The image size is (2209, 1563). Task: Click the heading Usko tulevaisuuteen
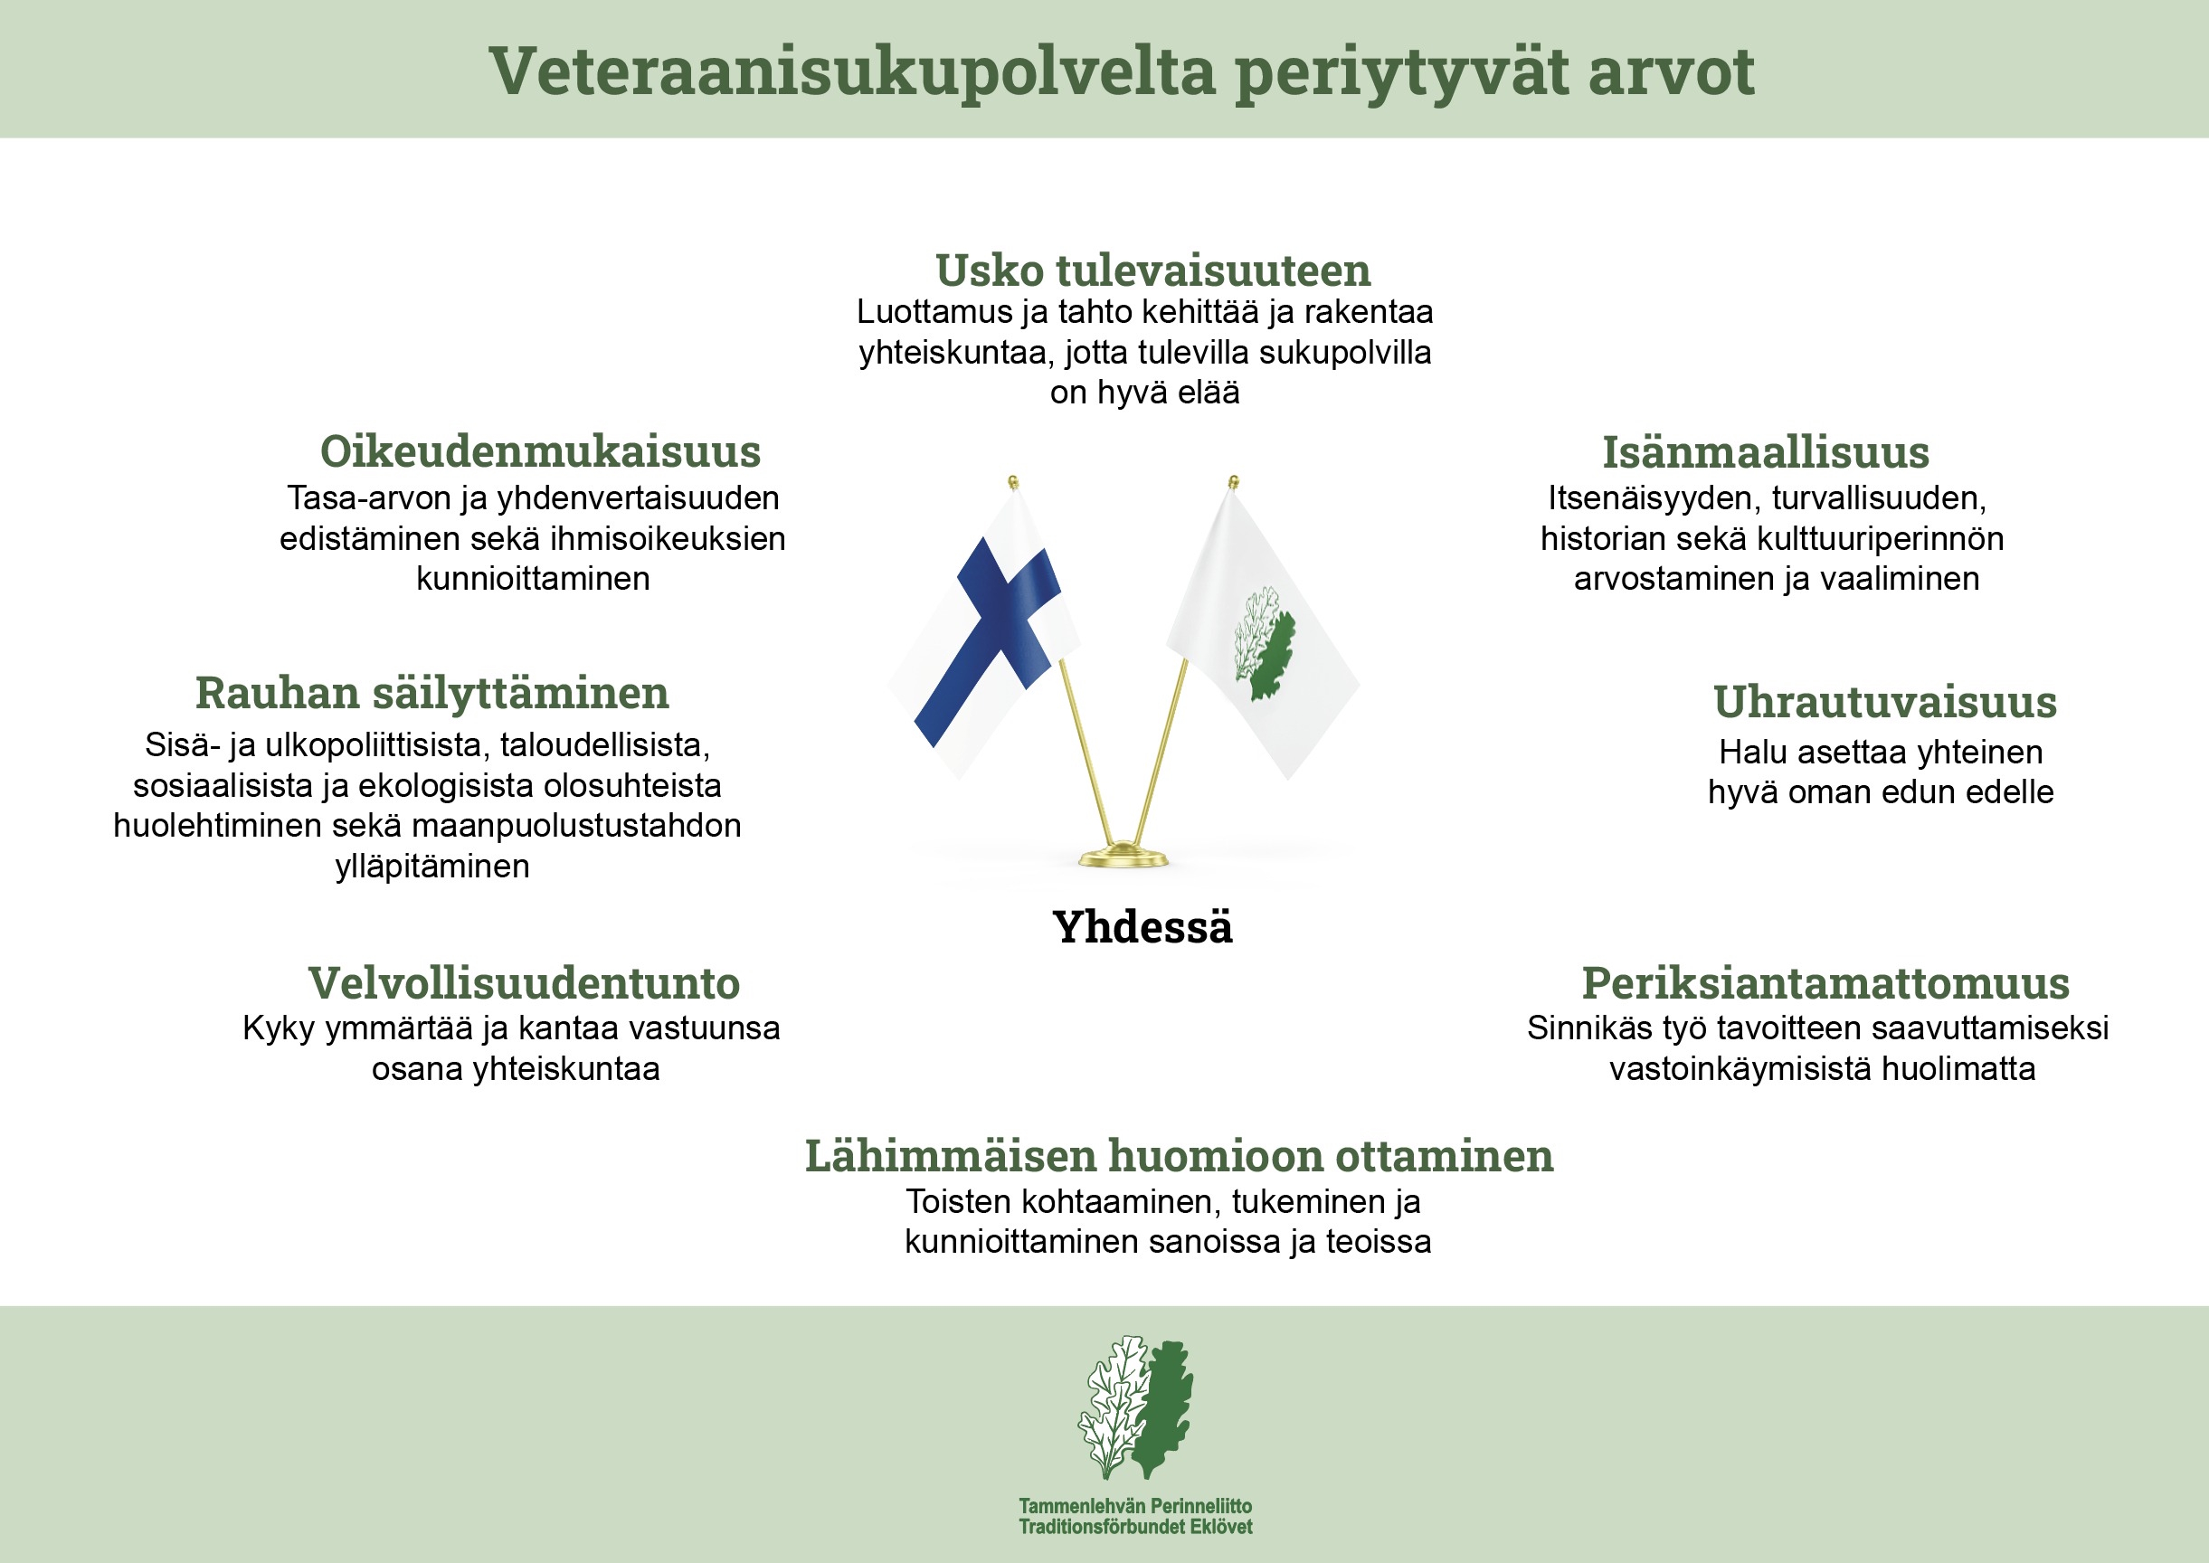tap(1153, 270)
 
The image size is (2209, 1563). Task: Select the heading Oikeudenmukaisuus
tap(540, 451)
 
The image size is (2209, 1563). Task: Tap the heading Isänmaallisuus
tap(1765, 452)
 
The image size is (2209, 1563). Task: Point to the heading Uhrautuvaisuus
tap(1884, 702)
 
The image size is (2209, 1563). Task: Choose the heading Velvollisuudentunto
tap(524, 982)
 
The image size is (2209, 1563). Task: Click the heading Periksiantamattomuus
tap(1825, 982)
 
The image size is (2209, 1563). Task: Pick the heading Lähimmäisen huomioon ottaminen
tap(1179, 1156)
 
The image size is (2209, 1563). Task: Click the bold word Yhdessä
tap(1142, 927)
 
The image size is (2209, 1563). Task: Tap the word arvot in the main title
tap(1671, 72)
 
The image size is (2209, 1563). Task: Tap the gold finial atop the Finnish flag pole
tap(1012, 482)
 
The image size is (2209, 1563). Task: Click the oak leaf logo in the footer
tap(1136, 1407)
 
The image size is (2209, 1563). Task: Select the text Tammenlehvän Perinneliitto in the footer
tap(1136, 1506)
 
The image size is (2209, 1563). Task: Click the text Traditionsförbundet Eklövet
tap(1136, 1527)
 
